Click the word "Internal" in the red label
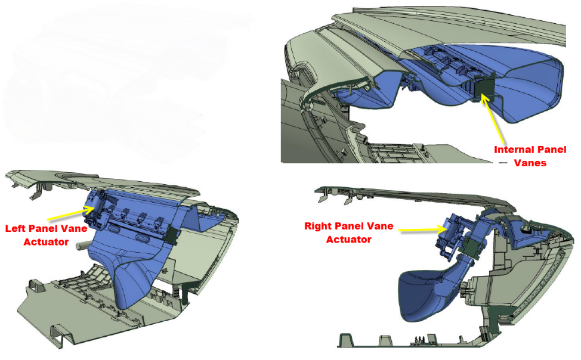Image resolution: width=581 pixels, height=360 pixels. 512,150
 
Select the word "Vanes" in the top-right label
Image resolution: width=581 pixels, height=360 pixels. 530,163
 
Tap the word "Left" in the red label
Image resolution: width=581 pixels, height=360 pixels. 15,228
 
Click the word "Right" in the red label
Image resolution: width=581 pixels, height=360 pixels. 316,226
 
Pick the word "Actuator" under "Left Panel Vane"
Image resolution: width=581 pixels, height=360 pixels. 46,242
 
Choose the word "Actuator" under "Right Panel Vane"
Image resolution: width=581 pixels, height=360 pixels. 349,239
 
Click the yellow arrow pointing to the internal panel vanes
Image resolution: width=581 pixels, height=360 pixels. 493,119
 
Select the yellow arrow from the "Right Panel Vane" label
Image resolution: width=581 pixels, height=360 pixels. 424,229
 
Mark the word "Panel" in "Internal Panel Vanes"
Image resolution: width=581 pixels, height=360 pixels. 550,150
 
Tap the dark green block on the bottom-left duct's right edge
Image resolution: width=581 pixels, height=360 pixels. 172,234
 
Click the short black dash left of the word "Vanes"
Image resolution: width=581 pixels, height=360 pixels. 503,163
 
